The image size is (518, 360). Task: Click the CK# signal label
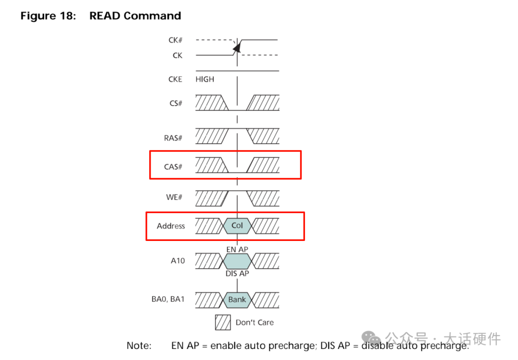[x=175, y=40]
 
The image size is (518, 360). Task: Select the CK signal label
[x=177, y=56]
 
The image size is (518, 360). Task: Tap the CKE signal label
[x=175, y=79]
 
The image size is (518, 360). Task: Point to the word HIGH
[x=205, y=79]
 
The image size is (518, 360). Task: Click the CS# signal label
[x=176, y=103]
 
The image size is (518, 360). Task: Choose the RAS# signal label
[x=173, y=138]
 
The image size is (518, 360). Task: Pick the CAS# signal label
[x=173, y=167]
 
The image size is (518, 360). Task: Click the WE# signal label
[x=175, y=197]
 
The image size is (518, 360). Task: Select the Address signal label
[x=171, y=226]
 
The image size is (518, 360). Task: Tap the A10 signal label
[x=177, y=261]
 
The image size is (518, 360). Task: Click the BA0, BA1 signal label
[x=168, y=300]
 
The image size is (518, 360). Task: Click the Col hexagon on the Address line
[x=237, y=226]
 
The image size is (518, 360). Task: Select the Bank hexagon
[x=237, y=300]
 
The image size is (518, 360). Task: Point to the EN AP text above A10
[x=237, y=250]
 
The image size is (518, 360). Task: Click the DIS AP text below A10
[x=237, y=274]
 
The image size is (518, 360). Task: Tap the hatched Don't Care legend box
[x=223, y=323]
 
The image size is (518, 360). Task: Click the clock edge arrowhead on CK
[x=236, y=47]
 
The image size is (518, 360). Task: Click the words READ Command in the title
[x=135, y=16]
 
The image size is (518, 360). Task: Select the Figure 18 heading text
[x=48, y=16]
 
